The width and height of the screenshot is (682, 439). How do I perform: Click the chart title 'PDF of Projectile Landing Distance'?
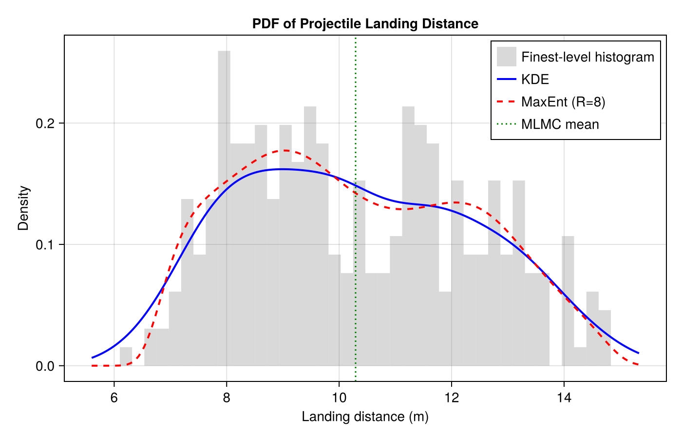tap(365, 23)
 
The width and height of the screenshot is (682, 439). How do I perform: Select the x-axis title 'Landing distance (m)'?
tap(365, 417)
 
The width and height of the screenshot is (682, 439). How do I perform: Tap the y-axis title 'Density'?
tap(23, 208)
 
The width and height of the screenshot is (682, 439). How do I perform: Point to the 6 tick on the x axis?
tap(114, 398)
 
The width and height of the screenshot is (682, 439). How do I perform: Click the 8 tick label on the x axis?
tap(227, 398)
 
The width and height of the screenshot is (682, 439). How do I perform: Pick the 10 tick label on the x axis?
tap(339, 398)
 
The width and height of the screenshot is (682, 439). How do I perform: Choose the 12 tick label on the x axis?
tap(452, 398)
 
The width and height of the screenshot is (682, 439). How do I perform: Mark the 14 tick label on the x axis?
tap(564, 398)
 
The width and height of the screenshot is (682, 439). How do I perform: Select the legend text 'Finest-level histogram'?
tap(587, 57)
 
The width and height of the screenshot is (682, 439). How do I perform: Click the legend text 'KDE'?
tap(535, 80)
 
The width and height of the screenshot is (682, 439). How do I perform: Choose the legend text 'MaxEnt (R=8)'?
tap(563, 102)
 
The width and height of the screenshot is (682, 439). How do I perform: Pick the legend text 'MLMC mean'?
tap(560, 124)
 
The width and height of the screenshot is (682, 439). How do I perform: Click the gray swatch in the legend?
tap(506, 57)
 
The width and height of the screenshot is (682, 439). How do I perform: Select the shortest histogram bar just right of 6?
tap(126, 357)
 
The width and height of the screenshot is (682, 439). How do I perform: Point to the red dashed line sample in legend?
tap(506, 102)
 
